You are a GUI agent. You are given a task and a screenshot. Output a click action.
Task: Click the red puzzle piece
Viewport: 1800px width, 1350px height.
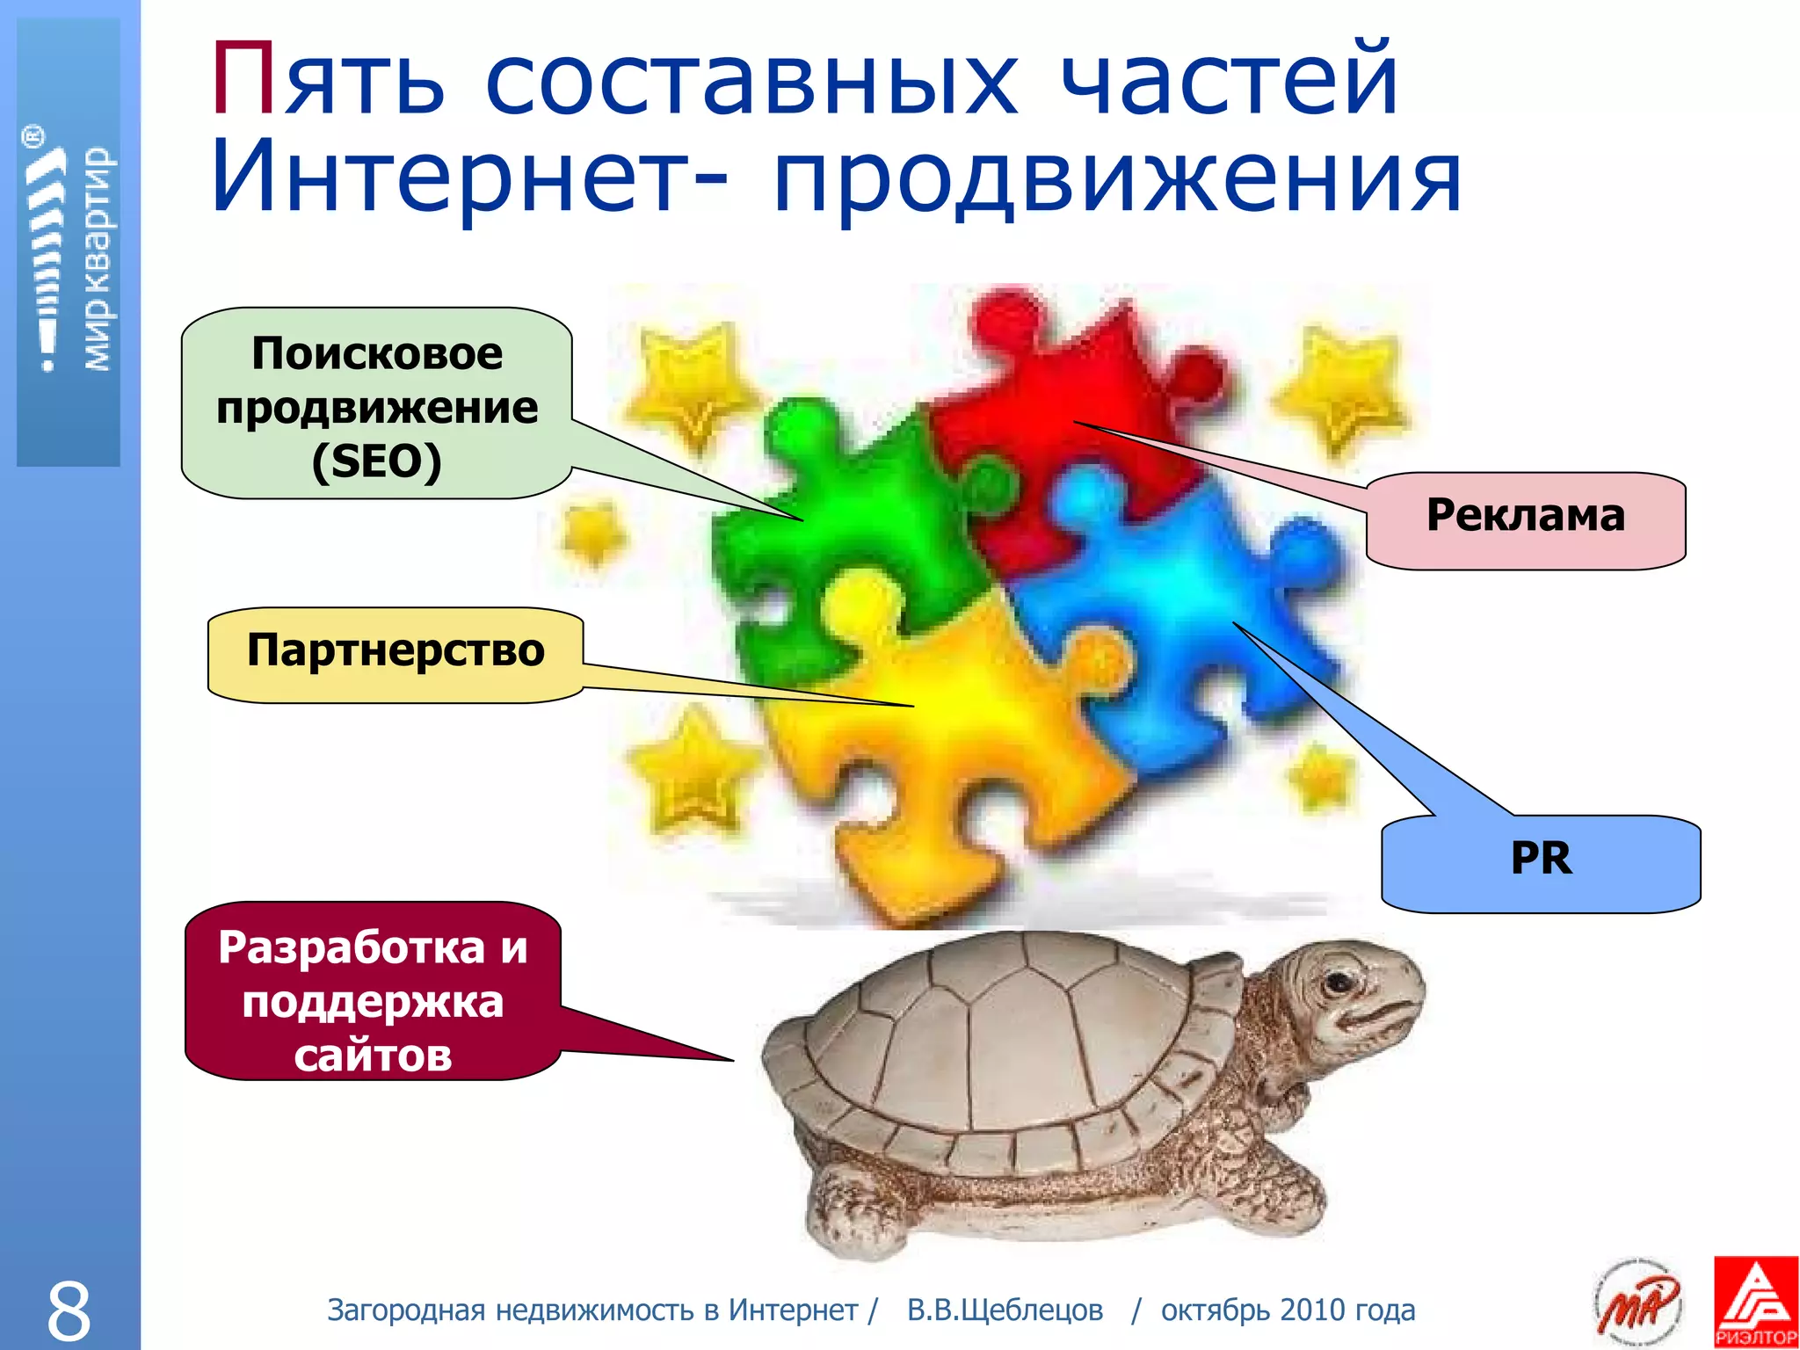pyautogui.click(x=1081, y=396)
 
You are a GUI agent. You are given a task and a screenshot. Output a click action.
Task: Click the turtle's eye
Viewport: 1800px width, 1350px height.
pyautogui.click(x=1339, y=981)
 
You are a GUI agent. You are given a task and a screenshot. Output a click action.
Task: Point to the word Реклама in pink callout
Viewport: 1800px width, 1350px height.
pyautogui.click(x=1525, y=515)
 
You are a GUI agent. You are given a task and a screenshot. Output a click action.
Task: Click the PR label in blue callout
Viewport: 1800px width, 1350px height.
pyautogui.click(x=1541, y=858)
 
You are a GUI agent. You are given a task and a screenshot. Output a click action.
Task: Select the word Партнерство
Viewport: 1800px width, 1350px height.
pyautogui.click(x=396, y=650)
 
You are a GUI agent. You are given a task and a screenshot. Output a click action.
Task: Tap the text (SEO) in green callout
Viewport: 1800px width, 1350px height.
pyautogui.click(x=376, y=461)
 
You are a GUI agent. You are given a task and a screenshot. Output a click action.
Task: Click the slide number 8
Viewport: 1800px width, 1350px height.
pyautogui.click(x=69, y=1310)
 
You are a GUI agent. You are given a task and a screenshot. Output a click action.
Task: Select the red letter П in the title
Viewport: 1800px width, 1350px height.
pyautogui.click(x=244, y=81)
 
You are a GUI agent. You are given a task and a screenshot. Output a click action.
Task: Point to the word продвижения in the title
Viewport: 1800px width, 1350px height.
pyautogui.click(x=1116, y=180)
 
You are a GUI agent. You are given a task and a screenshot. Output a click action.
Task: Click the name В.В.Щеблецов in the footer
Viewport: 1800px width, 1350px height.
pyautogui.click(x=1005, y=1310)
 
